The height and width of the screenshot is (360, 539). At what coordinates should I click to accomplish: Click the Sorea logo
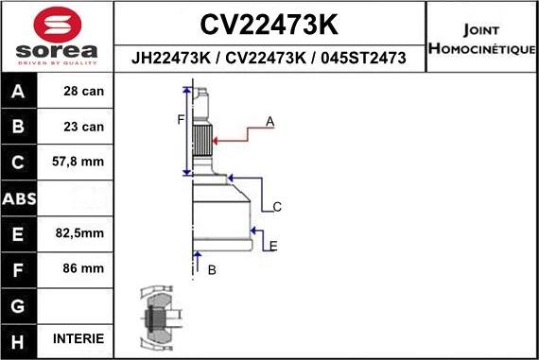click(56, 36)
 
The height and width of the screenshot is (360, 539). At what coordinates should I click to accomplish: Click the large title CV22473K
click(269, 24)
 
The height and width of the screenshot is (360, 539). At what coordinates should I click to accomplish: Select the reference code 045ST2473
click(365, 59)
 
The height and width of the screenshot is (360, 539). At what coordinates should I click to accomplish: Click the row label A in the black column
click(19, 93)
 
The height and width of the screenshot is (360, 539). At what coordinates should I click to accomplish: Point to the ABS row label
click(19, 198)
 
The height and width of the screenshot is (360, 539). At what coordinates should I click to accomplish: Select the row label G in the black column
click(19, 304)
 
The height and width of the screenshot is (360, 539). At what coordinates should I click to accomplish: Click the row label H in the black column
click(19, 339)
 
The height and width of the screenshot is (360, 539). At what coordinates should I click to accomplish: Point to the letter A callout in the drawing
click(270, 122)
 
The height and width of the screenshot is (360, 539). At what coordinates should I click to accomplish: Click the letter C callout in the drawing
click(277, 206)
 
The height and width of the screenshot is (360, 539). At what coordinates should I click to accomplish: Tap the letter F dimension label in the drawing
click(180, 119)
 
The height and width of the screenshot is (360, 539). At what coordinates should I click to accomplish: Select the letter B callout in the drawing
click(212, 270)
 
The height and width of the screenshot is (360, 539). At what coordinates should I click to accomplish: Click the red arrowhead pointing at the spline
click(218, 140)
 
